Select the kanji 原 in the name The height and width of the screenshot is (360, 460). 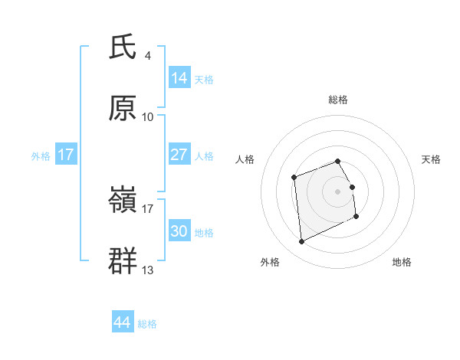coord(123,109)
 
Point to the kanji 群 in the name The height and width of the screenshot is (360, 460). coord(123,260)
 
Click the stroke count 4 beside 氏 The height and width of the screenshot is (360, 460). coord(148,56)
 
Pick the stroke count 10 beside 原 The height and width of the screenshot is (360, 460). coord(148,117)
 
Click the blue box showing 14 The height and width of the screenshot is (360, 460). coord(179,78)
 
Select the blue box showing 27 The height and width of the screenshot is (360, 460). coord(179,155)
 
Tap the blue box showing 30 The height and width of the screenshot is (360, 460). coord(179,231)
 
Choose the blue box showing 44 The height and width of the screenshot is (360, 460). coord(123,322)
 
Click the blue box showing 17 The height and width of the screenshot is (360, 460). coord(66,155)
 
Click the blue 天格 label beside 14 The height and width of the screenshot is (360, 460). coord(204,80)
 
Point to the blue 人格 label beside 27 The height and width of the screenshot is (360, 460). coord(204,156)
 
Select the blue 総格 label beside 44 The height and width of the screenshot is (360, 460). coord(147,324)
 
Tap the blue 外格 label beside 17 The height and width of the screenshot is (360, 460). coord(41,156)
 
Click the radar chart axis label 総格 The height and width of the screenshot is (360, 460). coord(338,100)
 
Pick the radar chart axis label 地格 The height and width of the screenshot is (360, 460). coord(402,262)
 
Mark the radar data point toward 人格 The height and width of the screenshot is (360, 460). coord(294,178)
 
